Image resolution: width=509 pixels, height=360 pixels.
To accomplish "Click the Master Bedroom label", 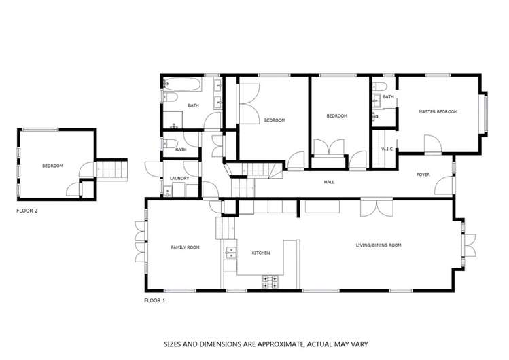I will [x=438, y=111].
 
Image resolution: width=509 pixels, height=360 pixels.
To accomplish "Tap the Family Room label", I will [x=185, y=247].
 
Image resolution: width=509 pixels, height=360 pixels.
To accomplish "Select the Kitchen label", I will [x=261, y=253].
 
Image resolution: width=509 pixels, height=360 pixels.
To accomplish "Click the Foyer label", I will [x=423, y=175].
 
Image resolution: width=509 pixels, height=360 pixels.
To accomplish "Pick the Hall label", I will [x=329, y=182].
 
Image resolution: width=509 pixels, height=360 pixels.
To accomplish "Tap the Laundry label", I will [x=179, y=179].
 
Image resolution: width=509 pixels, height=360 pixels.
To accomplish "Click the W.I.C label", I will [x=387, y=149].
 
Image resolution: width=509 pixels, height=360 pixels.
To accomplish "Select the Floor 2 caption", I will [x=27, y=211].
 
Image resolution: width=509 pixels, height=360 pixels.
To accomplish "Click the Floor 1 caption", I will [x=155, y=300].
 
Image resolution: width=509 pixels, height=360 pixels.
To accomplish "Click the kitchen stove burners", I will [x=270, y=281].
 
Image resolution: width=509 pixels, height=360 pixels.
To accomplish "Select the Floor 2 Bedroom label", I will [x=52, y=166].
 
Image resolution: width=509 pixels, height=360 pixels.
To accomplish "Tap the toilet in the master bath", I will [x=381, y=87].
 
